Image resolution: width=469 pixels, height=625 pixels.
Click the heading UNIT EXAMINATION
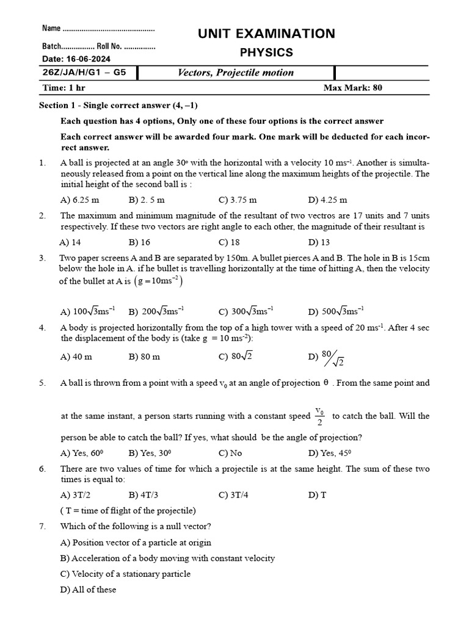pyautogui.click(x=266, y=34)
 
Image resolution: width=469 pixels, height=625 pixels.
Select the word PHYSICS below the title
pyautogui.click(x=266, y=52)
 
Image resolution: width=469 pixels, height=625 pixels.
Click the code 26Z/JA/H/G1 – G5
pyautogui.click(x=84, y=73)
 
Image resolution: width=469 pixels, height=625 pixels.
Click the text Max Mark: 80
pyautogui.click(x=352, y=88)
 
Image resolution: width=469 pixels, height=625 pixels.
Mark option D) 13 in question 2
pyautogui.click(x=319, y=242)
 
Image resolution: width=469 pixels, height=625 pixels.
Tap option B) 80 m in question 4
pyautogui.click(x=144, y=356)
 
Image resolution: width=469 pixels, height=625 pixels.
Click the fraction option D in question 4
pyautogui.click(x=326, y=358)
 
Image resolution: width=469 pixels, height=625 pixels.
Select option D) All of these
pyautogui.click(x=88, y=590)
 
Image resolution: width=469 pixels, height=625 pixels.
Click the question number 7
pyautogui.click(x=42, y=526)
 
